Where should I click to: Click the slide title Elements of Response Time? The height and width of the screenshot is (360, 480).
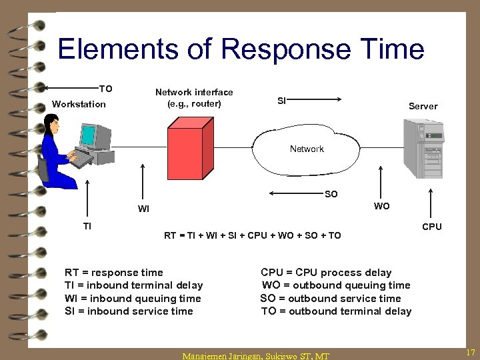[x=241, y=50]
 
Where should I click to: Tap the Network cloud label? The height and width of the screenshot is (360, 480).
[x=307, y=149]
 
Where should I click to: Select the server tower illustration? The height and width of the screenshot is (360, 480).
[x=423, y=148]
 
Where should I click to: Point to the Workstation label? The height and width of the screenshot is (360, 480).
[x=79, y=105]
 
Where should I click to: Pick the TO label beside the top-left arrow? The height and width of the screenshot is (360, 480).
[x=106, y=89]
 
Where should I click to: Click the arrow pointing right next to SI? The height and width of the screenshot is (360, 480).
[x=317, y=100]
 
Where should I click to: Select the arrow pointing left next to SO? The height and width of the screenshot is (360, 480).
[x=295, y=194]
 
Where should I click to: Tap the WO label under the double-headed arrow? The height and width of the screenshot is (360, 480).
[x=382, y=206]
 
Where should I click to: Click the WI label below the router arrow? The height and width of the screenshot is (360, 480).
[x=143, y=209]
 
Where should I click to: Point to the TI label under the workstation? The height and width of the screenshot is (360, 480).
[x=87, y=226]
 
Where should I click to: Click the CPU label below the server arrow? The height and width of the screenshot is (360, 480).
[x=432, y=227]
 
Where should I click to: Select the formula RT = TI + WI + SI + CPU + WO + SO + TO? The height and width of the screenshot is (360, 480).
[x=253, y=235]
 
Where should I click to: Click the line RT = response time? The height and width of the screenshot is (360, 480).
[x=113, y=273]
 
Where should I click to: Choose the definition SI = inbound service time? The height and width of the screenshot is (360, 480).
[x=129, y=311]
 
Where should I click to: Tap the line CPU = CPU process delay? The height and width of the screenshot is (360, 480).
[x=326, y=273]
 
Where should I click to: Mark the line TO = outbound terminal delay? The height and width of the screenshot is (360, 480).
[x=336, y=311]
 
